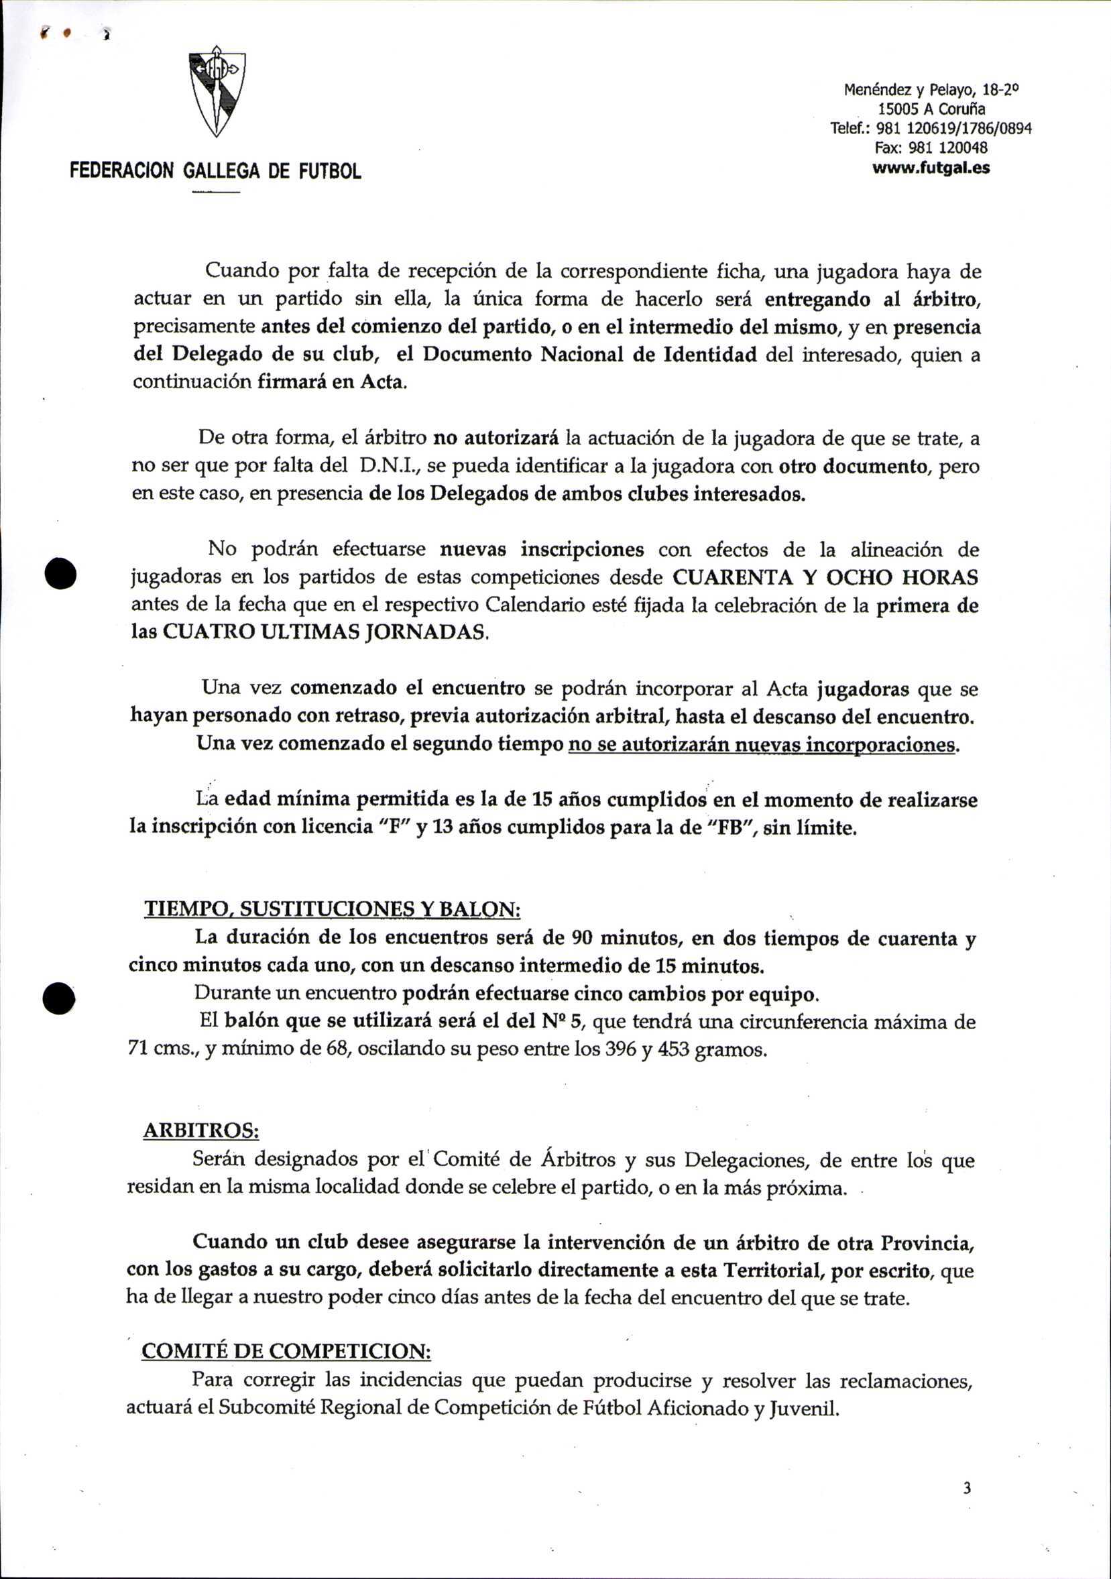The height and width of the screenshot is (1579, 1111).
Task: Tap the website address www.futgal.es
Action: point(931,168)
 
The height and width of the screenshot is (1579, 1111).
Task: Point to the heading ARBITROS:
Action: point(201,1131)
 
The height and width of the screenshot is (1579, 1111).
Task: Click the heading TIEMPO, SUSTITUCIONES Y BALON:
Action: point(332,909)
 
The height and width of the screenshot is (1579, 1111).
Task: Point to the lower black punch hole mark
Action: point(58,997)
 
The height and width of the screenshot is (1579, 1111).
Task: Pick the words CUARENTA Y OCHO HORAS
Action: point(825,577)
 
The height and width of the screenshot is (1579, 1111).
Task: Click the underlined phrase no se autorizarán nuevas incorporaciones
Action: point(762,745)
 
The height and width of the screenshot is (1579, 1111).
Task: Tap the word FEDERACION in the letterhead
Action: point(122,170)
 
